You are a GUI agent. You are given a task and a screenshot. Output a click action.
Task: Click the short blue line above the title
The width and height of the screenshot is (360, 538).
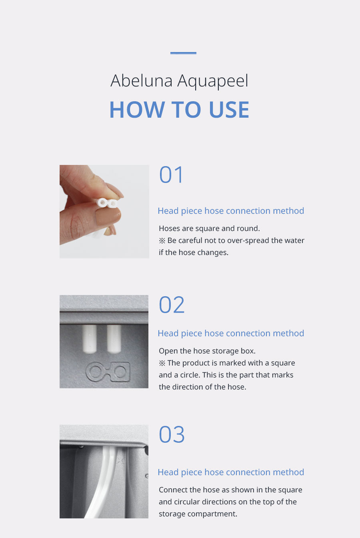click(x=183, y=53)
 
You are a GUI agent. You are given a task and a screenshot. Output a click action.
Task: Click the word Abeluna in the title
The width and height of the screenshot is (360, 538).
click(x=141, y=81)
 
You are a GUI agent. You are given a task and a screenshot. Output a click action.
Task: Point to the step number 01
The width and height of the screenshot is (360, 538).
click(x=171, y=175)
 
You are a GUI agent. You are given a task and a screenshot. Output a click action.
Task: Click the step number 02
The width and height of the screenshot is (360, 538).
click(x=172, y=305)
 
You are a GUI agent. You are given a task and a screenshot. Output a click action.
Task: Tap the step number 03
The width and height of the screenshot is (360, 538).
click(x=172, y=434)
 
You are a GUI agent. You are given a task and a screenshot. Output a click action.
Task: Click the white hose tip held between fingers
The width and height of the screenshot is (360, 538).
click(x=107, y=203)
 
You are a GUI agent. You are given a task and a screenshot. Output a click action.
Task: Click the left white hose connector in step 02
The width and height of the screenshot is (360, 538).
click(x=89, y=339)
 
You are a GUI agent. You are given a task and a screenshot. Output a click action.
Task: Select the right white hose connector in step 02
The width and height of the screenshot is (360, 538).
click(x=114, y=339)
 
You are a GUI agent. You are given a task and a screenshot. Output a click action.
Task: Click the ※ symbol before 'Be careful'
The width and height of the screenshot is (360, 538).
click(x=162, y=241)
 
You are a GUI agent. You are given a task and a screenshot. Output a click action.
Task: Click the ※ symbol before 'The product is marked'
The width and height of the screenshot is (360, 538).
click(x=162, y=363)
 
